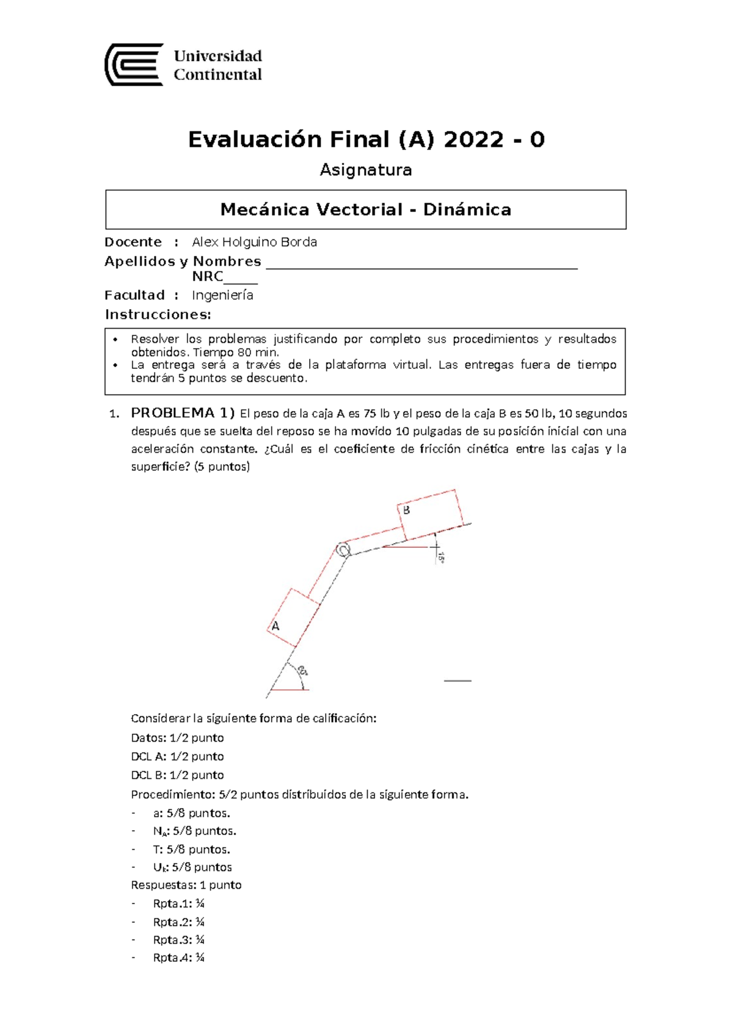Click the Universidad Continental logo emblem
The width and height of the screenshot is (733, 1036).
(134, 65)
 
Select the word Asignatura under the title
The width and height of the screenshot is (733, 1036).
(366, 170)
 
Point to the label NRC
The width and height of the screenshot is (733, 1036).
(208, 277)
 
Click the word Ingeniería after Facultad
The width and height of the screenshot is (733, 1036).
(222, 295)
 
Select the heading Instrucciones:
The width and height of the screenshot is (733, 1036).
(158, 315)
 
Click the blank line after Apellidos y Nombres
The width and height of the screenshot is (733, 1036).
(421, 265)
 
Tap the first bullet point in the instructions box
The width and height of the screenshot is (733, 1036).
(115, 339)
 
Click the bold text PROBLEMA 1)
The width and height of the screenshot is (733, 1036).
(183, 413)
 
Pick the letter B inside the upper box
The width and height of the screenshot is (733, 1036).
(406, 510)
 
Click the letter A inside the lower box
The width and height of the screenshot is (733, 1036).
(275, 626)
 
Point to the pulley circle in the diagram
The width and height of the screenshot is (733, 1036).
(343, 550)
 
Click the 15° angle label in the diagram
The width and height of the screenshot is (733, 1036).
(440, 557)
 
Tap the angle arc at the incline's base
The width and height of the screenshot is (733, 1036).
(301, 671)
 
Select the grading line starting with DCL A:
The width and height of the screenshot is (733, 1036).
(177, 756)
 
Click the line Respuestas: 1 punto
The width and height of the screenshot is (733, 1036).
(186, 885)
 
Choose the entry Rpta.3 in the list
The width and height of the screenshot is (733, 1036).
(178, 939)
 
